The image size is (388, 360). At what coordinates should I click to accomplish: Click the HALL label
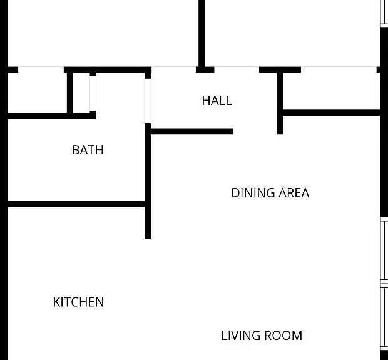pyautogui.click(x=217, y=101)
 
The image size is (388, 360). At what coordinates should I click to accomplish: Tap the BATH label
pyautogui.click(x=88, y=150)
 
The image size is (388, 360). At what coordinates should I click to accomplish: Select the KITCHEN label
pyautogui.click(x=78, y=302)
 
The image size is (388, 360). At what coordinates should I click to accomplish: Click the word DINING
pyautogui.click(x=253, y=193)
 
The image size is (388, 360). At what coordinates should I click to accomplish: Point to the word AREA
pyautogui.click(x=294, y=193)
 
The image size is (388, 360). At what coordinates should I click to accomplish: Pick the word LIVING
pyautogui.click(x=241, y=336)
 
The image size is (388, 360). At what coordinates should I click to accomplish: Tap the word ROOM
pyautogui.click(x=283, y=336)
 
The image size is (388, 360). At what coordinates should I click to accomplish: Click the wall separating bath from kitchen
pyautogui.click(x=76, y=204)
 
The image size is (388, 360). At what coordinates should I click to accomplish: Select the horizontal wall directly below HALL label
pyautogui.click(x=191, y=131)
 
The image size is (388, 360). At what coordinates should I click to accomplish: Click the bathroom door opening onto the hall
pyautogui.click(x=148, y=101)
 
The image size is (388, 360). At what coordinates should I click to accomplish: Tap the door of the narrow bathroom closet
pyautogui.click(x=93, y=93)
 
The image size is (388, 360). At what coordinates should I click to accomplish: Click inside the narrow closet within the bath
pyautogui.click(x=81, y=93)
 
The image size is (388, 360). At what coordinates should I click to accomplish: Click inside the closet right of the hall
pyautogui.click(x=331, y=91)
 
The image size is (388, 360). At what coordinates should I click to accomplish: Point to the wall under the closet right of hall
pyautogui.click(x=331, y=112)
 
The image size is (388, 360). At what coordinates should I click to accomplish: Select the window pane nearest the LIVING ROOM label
pyautogui.click(x=384, y=317)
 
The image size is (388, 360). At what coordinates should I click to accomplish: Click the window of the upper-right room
pyautogui.click(x=384, y=12)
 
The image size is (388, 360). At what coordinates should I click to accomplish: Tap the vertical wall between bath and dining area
pyautogui.click(x=148, y=181)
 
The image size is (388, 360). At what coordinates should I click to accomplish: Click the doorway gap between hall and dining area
pyautogui.click(x=255, y=131)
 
